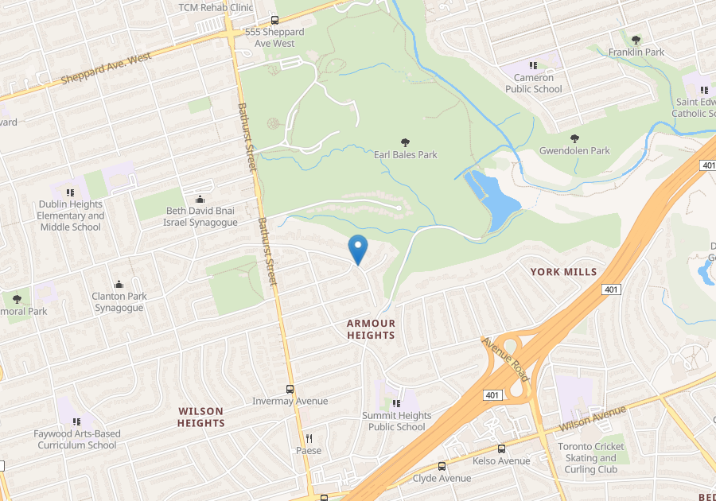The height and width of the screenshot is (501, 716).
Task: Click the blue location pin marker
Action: (358, 250)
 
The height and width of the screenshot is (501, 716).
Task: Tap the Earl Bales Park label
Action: (406, 155)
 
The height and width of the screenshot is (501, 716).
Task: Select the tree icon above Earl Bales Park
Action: (406, 142)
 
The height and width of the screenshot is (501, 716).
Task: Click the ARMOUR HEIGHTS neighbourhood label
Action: (371, 329)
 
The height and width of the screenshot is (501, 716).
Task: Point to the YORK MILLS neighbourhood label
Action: (563, 272)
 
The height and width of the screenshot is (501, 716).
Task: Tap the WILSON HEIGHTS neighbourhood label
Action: (201, 417)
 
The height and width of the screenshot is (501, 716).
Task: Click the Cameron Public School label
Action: (533, 83)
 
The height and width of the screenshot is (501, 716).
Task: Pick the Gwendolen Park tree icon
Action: (574, 138)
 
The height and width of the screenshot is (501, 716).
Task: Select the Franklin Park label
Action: (636, 52)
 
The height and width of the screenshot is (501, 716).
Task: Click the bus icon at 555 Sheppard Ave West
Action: (274, 21)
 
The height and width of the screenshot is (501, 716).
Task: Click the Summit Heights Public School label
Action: (396, 421)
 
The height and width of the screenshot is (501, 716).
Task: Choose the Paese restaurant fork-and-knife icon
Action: (309, 438)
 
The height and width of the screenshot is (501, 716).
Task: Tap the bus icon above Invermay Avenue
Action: (290, 389)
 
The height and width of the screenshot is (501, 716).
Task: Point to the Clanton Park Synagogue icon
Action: (119, 285)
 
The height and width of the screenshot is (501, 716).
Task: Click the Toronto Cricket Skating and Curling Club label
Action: (591, 458)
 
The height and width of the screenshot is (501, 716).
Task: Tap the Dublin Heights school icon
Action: (71, 192)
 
